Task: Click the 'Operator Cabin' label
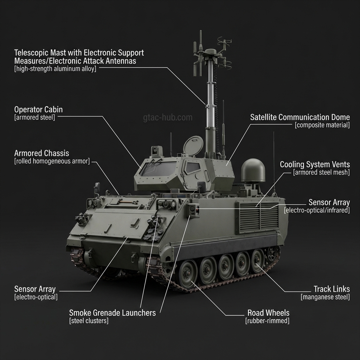click(x=38, y=109)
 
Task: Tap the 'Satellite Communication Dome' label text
click(x=300, y=117)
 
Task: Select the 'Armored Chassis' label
click(x=41, y=153)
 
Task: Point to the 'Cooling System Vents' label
click(x=315, y=164)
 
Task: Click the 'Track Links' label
click(x=332, y=289)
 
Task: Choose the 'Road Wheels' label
click(x=268, y=313)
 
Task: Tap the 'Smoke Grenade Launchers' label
click(x=112, y=313)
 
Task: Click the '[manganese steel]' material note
click(x=325, y=297)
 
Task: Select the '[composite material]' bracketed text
click(x=322, y=125)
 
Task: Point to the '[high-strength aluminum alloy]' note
click(x=55, y=69)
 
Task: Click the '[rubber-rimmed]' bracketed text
click(x=267, y=321)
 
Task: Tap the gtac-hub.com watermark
click(x=168, y=117)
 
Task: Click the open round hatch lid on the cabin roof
click(x=193, y=146)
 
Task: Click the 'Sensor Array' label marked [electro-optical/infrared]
click(x=329, y=202)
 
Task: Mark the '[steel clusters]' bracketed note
click(x=89, y=321)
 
